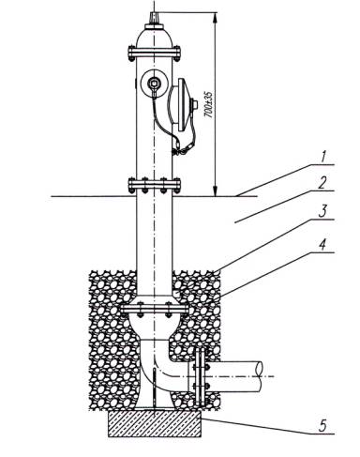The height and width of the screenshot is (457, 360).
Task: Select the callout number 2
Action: [x=322, y=183]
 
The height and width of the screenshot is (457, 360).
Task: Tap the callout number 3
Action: [x=322, y=212]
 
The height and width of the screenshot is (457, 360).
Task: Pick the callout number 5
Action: [x=322, y=426]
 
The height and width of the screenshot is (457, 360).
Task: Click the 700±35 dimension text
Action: [x=208, y=104]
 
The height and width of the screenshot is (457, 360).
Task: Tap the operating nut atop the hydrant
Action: [x=154, y=18]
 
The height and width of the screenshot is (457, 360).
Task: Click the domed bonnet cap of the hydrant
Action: [x=154, y=37]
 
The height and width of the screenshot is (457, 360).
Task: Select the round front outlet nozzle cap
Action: [x=155, y=84]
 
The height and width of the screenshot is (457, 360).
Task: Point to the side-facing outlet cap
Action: [x=183, y=105]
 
